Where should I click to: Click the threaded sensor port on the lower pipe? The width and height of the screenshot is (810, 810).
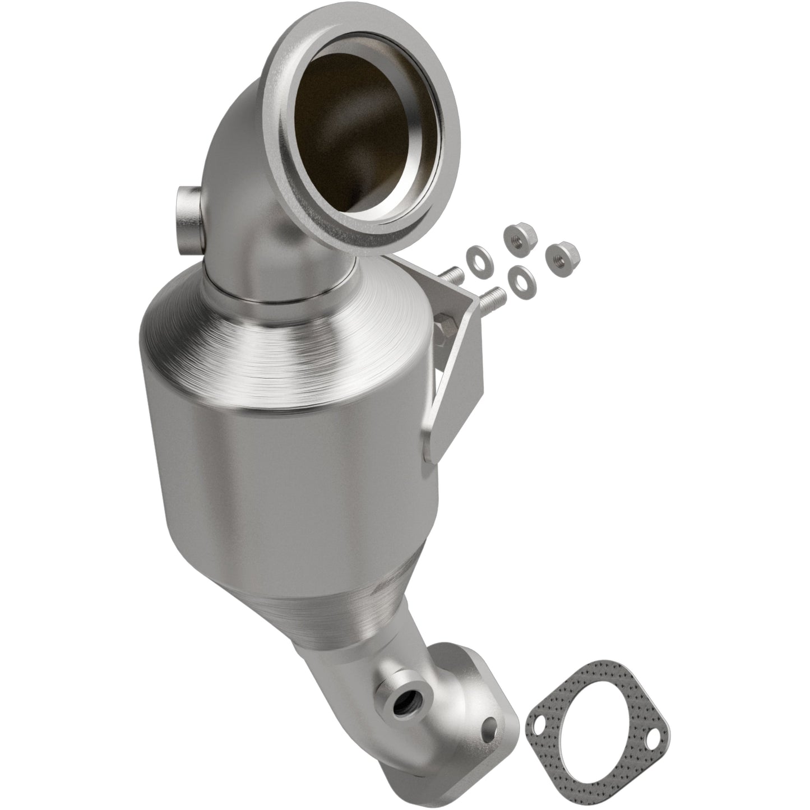point(402,700)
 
